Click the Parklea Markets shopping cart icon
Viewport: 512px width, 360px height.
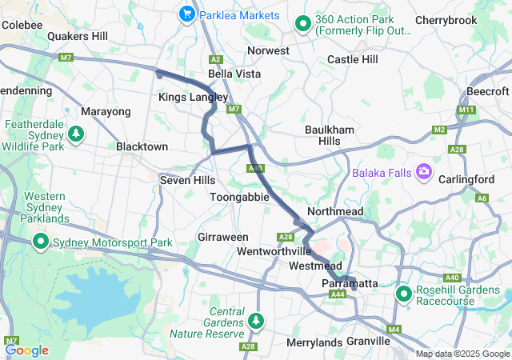[187, 14]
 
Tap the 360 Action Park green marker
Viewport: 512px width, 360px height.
[303, 24]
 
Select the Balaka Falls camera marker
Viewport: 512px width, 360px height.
[423, 172]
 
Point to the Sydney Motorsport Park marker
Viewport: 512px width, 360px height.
[41, 241]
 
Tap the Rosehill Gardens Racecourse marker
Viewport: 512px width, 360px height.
[404, 294]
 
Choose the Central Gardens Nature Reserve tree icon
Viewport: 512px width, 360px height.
[256, 322]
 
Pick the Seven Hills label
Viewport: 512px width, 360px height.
[186, 180]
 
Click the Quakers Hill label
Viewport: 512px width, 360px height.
[78, 36]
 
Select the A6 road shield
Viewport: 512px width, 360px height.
[482, 198]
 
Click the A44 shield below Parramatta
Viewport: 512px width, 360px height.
[338, 294]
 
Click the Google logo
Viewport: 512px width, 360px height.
[27, 350]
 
